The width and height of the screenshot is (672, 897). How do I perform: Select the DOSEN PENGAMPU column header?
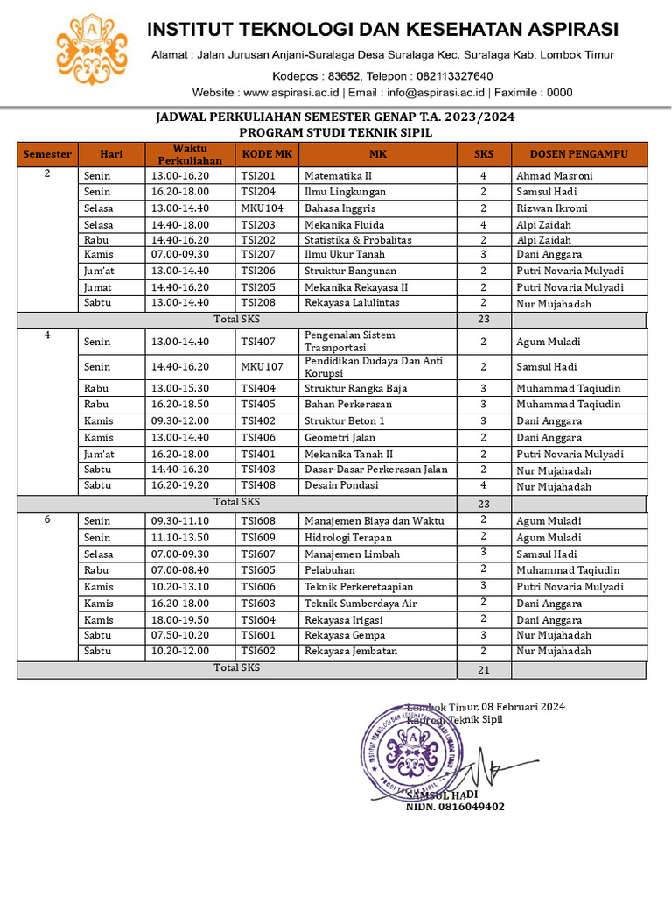click(578, 154)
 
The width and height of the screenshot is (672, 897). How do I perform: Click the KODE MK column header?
click(266, 154)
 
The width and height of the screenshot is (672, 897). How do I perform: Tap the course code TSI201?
click(258, 176)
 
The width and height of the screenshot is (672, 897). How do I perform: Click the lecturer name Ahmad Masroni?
click(554, 176)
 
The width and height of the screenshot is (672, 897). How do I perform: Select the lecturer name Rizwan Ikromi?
click(551, 208)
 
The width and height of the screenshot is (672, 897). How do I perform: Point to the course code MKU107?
click(262, 367)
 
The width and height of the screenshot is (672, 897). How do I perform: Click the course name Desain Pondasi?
click(341, 485)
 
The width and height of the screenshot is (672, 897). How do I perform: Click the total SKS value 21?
click(483, 670)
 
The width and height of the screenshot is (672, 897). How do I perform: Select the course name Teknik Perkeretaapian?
click(359, 587)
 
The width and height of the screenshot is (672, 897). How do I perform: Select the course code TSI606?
click(258, 587)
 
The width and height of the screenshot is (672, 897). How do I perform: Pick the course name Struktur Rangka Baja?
click(355, 388)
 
